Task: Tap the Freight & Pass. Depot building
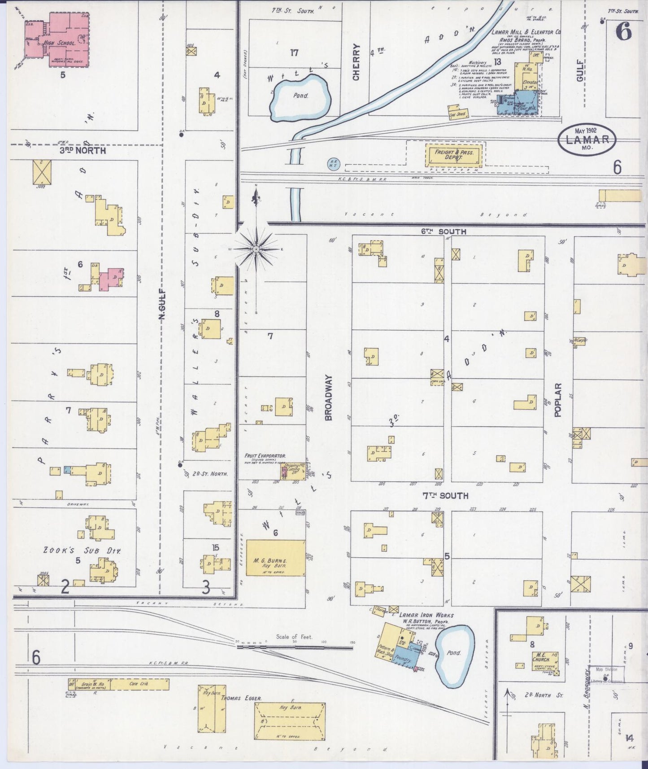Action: click(x=453, y=155)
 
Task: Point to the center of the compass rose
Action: click(x=256, y=249)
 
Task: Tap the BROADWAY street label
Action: click(x=329, y=398)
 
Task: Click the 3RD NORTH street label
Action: click(x=83, y=151)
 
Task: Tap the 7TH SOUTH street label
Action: click(x=444, y=495)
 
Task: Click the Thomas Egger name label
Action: click(x=240, y=711)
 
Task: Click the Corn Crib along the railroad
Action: click(x=139, y=684)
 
